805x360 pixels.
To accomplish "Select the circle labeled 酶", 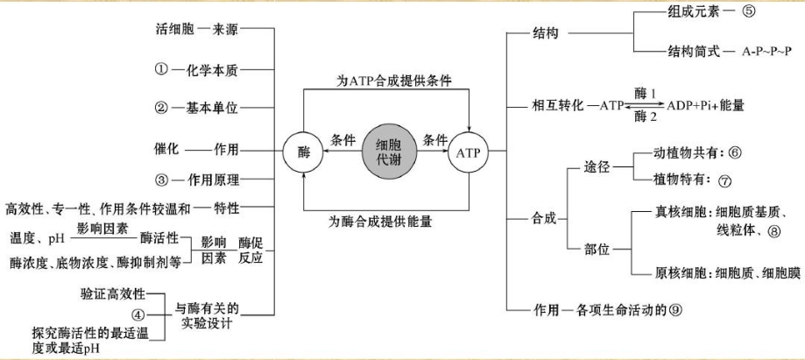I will click(303, 153).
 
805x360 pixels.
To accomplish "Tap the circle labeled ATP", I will click(470, 153).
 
